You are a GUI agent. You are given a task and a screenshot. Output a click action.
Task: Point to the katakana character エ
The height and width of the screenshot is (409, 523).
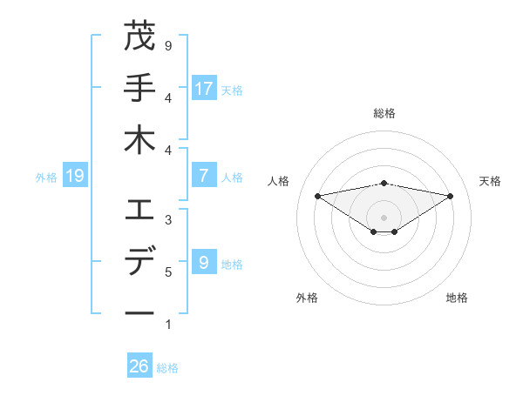click(139, 210)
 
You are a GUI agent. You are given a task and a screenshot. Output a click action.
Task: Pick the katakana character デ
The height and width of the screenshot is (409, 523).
click(139, 261)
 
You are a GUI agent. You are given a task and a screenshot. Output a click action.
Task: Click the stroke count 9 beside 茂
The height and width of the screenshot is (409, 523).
click(168, 45)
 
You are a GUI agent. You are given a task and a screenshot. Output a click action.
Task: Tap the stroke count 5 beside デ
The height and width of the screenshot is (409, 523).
click(168, 272)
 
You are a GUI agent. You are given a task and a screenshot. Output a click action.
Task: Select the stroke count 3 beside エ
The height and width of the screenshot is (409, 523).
click(168, 220)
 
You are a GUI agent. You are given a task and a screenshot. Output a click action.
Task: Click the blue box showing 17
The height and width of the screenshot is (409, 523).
click(204, 88)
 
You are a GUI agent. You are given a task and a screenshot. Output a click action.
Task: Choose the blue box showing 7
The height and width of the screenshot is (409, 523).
click(204, 176)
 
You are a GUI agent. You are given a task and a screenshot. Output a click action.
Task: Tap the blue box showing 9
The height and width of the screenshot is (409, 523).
click(204, 262)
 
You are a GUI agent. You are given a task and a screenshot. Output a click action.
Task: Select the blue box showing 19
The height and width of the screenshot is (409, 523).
click(74, 176)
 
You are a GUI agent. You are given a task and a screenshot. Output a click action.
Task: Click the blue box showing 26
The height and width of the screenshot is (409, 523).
click(139, 366)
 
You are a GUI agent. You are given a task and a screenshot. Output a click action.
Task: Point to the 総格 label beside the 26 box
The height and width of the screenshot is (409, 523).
click(167, 368)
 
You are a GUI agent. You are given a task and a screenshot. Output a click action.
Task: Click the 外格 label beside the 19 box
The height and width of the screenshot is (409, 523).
click(46, 178)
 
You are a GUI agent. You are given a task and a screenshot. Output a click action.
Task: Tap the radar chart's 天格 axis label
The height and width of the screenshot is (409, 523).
click(490, 181)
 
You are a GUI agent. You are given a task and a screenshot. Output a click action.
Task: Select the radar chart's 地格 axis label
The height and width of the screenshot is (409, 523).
click(457, 298)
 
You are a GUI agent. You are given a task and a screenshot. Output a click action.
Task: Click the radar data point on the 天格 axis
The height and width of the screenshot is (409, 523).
click(451, 196)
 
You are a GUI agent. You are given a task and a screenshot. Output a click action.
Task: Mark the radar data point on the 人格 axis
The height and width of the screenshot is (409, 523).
click(317, 195)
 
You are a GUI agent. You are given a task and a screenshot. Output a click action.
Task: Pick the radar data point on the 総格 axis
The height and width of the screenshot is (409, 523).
click(384, 183)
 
